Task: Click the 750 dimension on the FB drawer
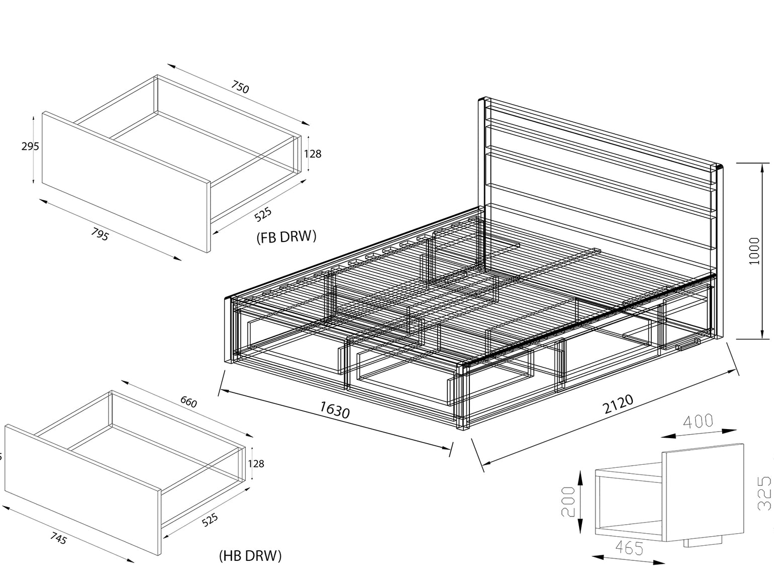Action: (x=240, y=88)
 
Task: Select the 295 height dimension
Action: (x=30, y=146)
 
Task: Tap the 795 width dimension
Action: (x=100, y=234)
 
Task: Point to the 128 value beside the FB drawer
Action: (x=313, y=153)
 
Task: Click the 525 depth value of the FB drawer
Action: (x=263, y=215)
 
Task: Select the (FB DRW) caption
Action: (x=286, y=236)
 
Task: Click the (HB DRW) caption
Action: (x=250, y=555)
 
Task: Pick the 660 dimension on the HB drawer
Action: (x=188, y=402)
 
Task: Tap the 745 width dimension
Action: (x=59, y=539)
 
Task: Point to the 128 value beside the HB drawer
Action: (x=256, y=463)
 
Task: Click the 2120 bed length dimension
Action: (x=618, y=404)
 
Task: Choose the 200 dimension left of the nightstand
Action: (x=568, y=502)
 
